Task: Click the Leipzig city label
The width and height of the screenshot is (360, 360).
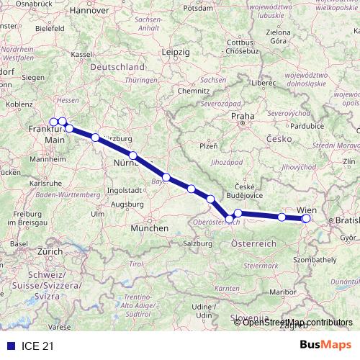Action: tap(176, 53)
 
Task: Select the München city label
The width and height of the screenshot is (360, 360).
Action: tap(150, 228)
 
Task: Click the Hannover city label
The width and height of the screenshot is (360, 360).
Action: tap(91, 12)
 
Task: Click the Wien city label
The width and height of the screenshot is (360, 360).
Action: tap(305, 210)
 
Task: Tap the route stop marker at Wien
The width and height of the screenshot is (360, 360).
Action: tap(306, 218)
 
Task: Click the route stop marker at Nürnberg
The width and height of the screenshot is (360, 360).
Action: tap(133, 155)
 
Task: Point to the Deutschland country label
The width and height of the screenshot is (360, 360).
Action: tap(118, 67)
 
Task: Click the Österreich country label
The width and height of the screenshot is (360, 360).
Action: tap(253, 244)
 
